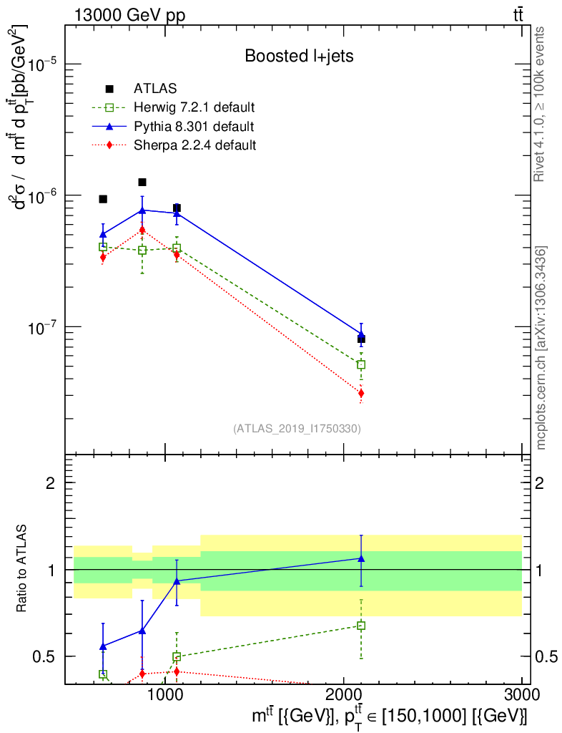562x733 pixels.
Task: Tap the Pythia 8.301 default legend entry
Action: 193,127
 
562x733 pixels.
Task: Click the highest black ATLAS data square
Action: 142,183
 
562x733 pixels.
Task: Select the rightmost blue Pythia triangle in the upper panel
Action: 361,334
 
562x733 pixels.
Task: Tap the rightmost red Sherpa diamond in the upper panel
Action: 361,393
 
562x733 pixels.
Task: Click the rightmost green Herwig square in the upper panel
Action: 361,364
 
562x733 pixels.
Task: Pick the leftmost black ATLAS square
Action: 103,199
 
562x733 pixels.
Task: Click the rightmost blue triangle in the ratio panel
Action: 361,558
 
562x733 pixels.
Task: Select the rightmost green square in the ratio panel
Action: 361,626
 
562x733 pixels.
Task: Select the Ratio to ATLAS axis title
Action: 22,569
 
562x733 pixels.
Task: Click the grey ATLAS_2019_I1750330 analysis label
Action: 297,429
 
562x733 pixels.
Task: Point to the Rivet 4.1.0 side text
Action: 541,104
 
